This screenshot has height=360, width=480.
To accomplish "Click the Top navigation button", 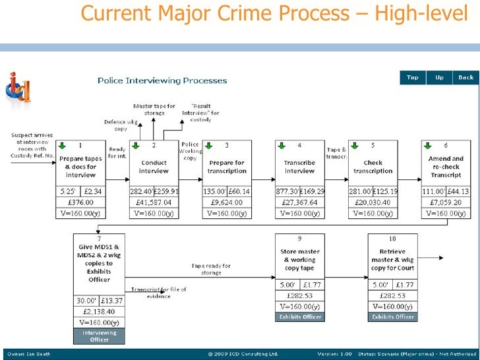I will [x=413, y=77].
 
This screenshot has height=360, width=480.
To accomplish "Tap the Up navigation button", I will [x=439, y=77].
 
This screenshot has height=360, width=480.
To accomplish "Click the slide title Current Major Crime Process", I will [x=274, y=13].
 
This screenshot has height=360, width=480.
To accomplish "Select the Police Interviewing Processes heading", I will [x=162, y=80].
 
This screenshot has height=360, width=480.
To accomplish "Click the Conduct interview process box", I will [x=154, y=167].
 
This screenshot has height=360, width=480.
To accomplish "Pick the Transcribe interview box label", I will [x=299, y=167].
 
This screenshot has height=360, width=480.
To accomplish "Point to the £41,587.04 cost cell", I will [x=153, y=202].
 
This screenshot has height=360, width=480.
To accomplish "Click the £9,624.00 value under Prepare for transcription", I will [x=226, y=202].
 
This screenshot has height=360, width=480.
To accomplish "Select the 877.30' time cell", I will [x=287, y=192].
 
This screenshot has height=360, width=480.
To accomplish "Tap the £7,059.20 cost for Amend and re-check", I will [x=446, y=202].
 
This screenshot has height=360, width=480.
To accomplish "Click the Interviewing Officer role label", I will [x=100, y=336].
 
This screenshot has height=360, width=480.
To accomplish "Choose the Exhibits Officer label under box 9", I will [x=299, y=317].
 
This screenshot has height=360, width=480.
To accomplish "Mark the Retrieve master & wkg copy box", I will [x=392, y=259].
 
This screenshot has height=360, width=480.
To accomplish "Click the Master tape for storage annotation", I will [x=154, y=109].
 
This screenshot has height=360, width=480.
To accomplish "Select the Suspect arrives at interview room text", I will [x=31, y=145].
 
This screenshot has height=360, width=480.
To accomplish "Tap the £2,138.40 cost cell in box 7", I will [x=100, y=311].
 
